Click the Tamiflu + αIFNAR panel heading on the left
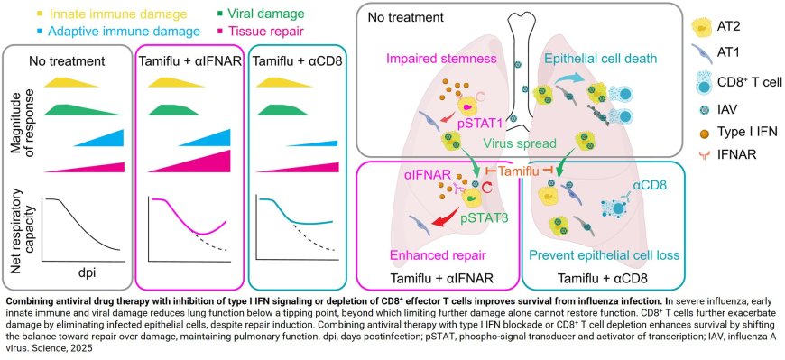(187, 60)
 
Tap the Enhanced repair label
(430, 254)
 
